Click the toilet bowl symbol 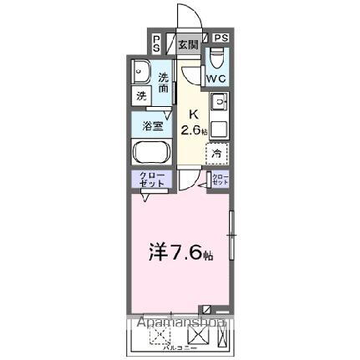click(x=216, y=58)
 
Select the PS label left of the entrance click(x=157, y=43)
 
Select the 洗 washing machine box click(x=141, y=96)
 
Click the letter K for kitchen click(x=193, y=114)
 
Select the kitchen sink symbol click(x=219, y=104)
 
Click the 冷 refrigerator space click(x=217, y=153)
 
